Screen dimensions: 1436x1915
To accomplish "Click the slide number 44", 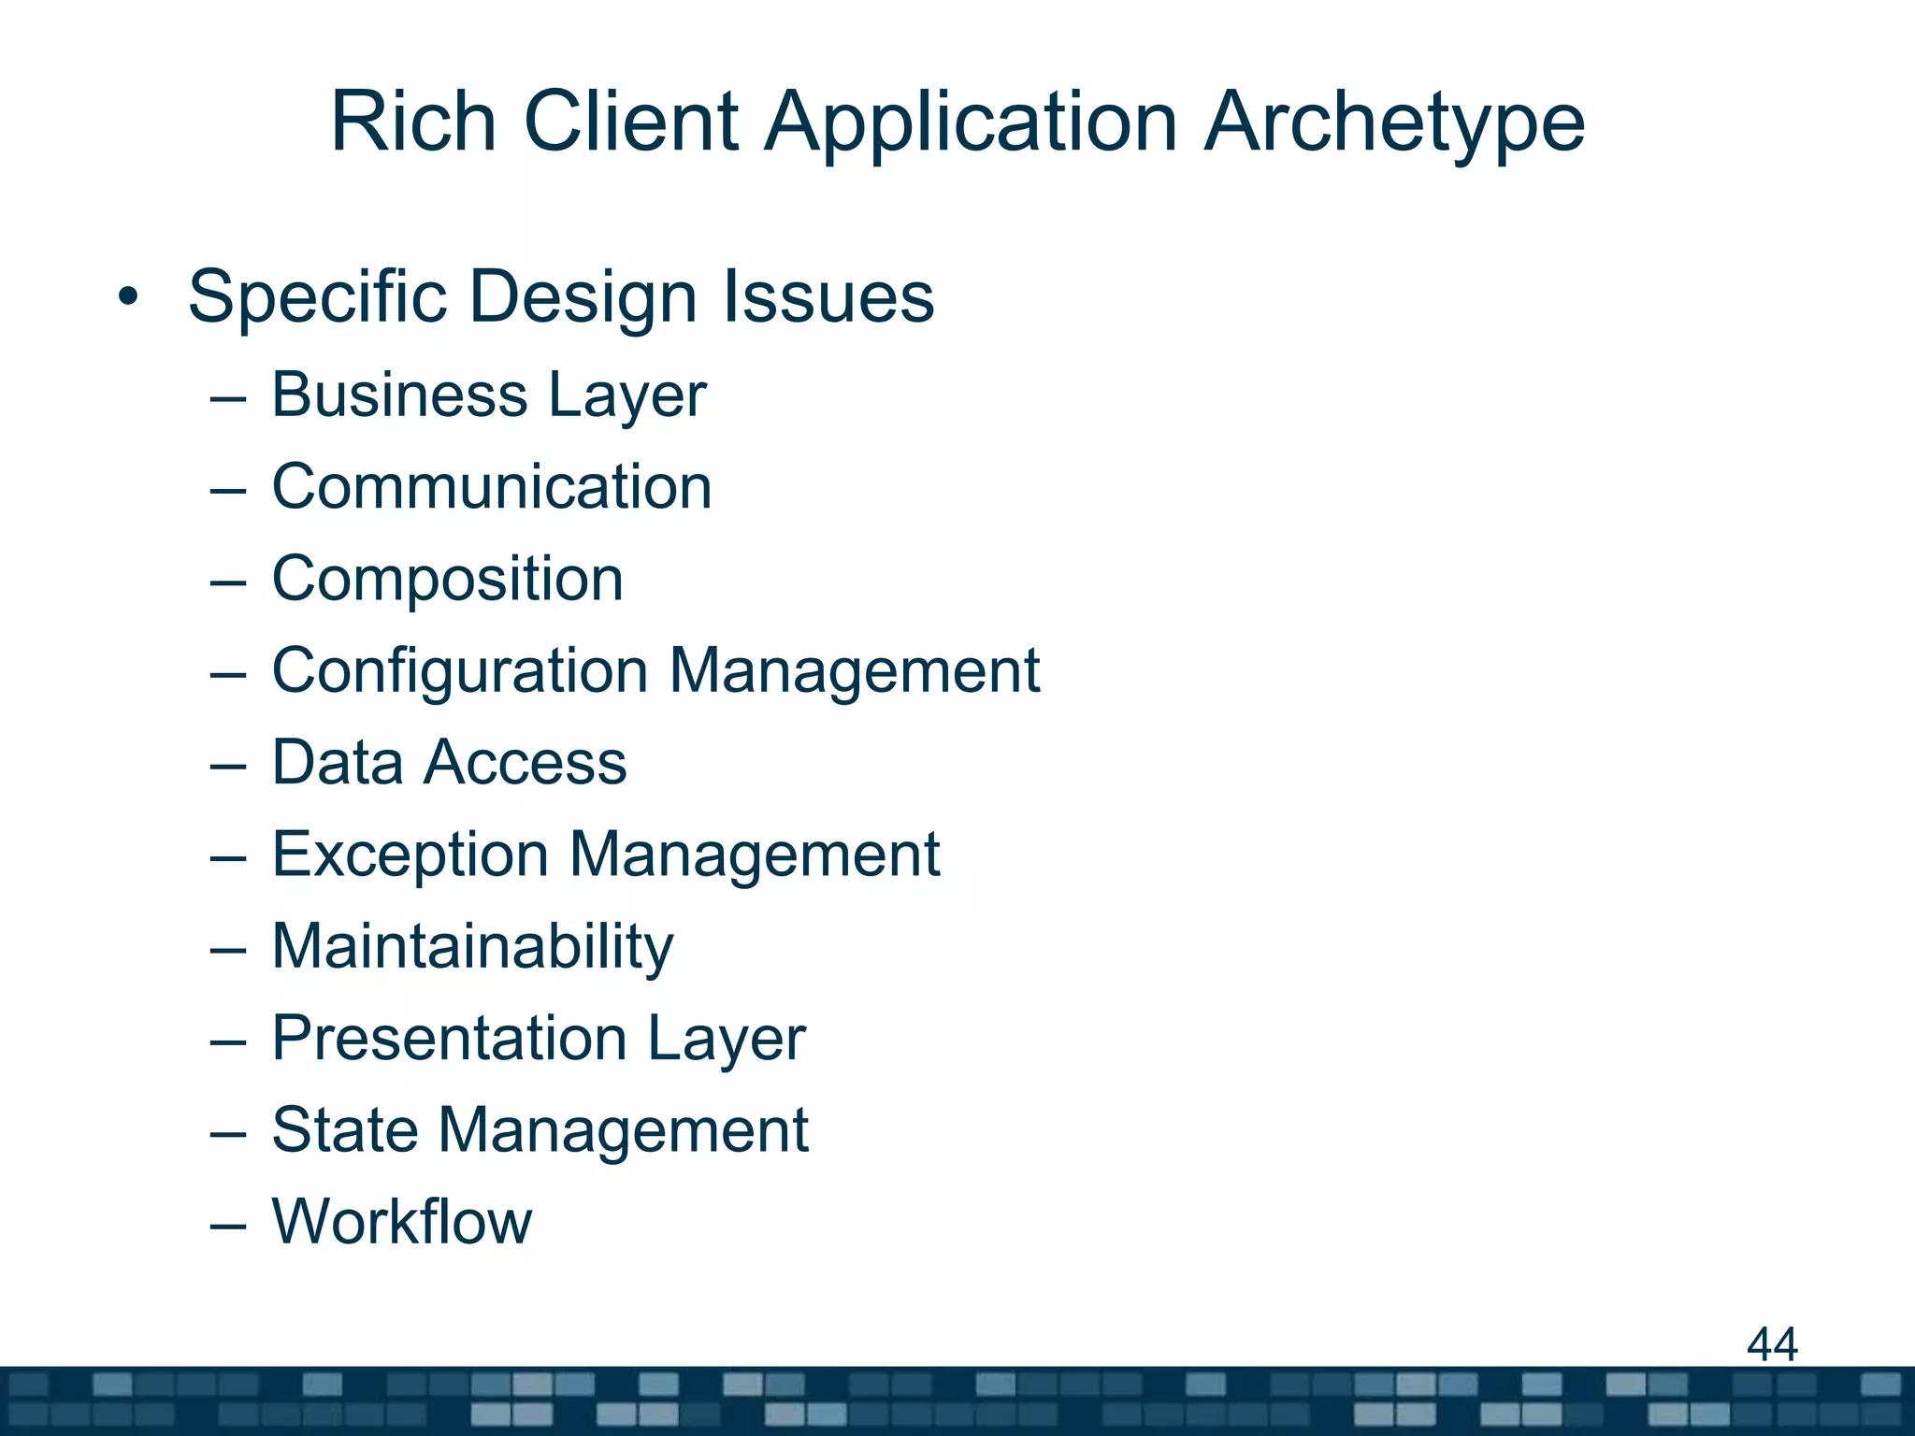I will click(1772, 1344).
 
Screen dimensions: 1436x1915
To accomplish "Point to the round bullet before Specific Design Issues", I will click(128, 297).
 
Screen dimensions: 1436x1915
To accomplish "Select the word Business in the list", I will click(399, 395).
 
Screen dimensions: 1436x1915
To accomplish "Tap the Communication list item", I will click(492, 487).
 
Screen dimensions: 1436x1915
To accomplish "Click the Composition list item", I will click(447, 580).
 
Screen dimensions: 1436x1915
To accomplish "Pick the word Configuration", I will click(459, 671).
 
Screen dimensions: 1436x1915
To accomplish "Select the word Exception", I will click(410, 854).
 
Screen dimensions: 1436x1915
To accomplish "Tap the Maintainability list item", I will click(472, 947).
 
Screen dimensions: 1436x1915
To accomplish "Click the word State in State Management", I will click(343, 1130).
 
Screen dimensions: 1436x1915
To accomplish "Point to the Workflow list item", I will click(401, 1222).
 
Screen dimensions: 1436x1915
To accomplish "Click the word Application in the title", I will click(971, 123).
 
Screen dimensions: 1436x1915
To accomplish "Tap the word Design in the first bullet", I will click(583, 297).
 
